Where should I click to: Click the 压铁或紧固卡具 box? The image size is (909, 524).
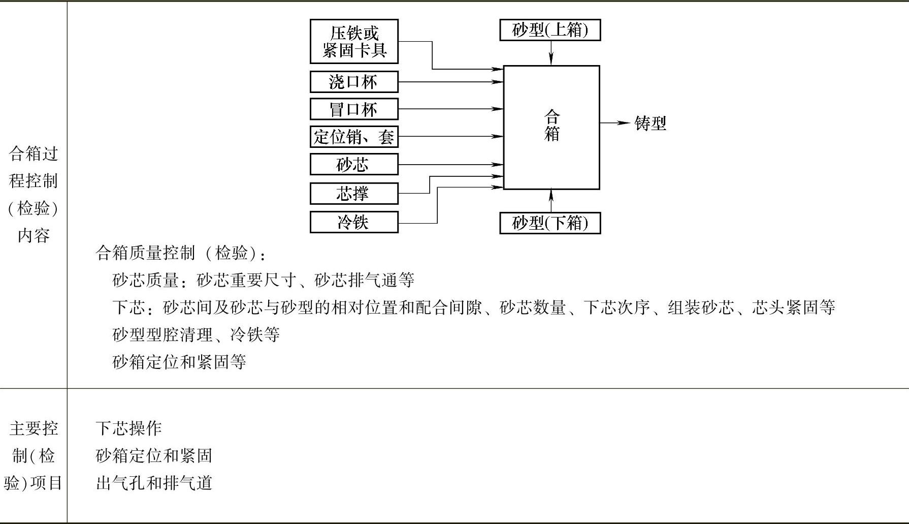point(354,42)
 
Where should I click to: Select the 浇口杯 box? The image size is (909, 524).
point(354,82)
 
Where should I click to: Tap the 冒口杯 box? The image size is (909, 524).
point(354,109)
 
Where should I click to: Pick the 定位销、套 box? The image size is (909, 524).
point(354,137)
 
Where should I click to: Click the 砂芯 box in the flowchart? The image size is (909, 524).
point(354,164)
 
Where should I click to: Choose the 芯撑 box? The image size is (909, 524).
point(354,193)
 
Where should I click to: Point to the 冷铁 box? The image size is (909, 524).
point(354,222)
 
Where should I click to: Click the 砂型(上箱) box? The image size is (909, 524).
point(550,30)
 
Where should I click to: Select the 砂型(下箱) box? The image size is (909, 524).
point(550,223)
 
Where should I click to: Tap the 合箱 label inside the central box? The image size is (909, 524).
point(551,126)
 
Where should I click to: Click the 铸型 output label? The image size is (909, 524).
point(650,124)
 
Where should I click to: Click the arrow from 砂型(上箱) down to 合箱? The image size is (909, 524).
point(551,53)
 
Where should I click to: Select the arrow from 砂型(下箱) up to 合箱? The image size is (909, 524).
point(551,201)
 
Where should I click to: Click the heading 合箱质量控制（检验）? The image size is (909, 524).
point(180,253)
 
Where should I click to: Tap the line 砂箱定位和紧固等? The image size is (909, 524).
point(179,362)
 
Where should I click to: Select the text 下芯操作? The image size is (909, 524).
point(128,428)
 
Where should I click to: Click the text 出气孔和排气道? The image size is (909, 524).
point(154,483)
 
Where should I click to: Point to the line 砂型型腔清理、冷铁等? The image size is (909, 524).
point(196,334)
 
